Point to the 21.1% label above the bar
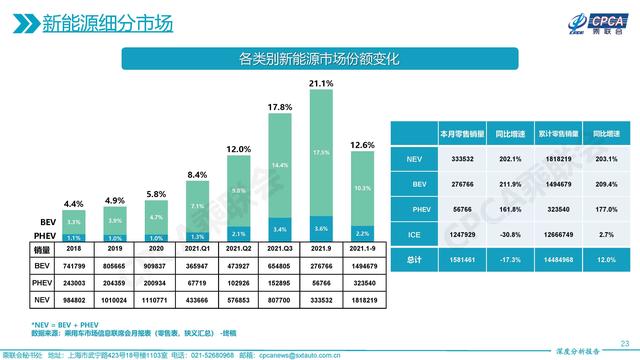tap(321, 84)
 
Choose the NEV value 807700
tap(279, 299)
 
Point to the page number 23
tap(624, 340)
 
